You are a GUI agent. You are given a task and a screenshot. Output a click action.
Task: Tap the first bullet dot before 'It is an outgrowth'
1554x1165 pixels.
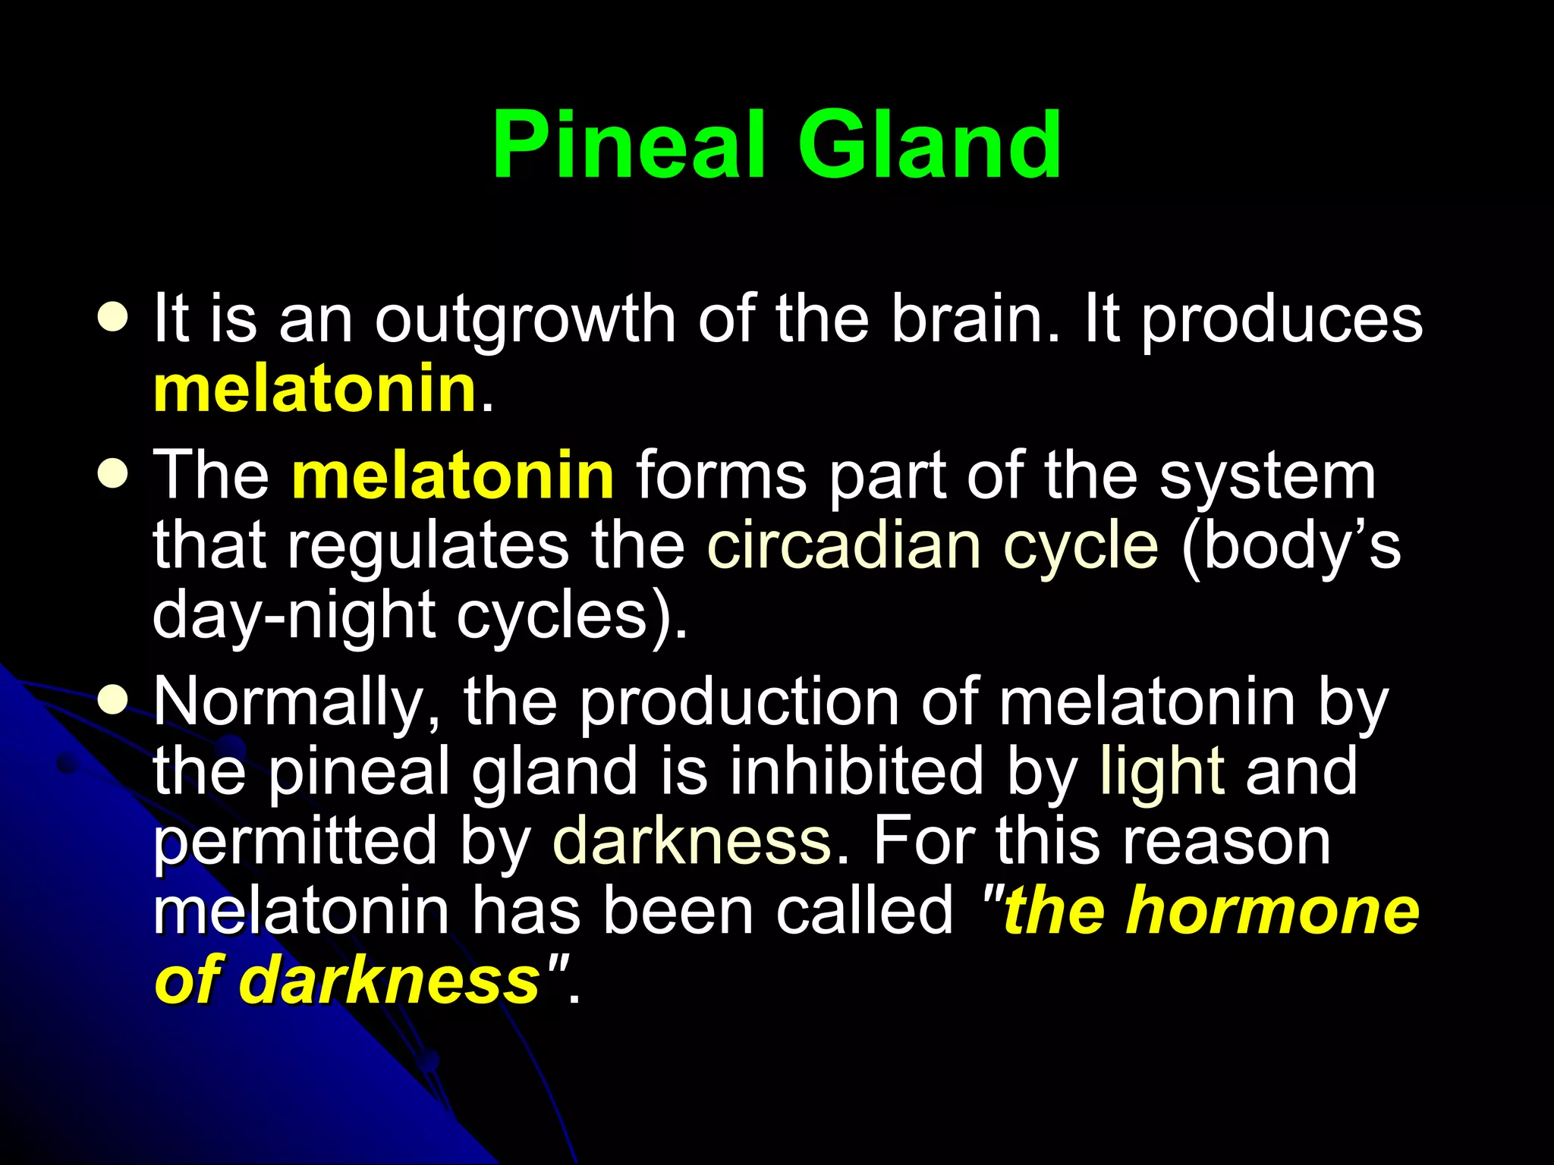[114, 319]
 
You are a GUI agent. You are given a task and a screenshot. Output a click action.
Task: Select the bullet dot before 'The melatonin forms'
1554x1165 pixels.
[114, 476]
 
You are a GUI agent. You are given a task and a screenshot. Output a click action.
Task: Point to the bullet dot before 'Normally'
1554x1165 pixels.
[114, 702]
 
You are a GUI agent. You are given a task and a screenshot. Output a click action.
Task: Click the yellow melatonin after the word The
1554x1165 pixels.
[453, 476]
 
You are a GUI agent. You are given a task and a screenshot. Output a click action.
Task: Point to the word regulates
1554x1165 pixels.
[427, 548]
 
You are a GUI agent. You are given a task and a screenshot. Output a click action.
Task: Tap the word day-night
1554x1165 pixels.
[293, 617]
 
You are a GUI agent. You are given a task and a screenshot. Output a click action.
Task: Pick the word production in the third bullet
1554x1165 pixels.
[740, 704]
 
